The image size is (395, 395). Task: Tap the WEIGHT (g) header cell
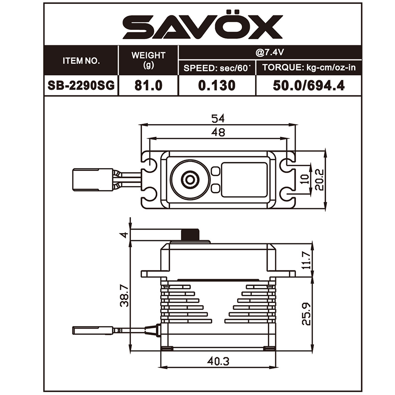click(x=148, y=61)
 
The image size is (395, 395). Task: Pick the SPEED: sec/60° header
click(x=216, y=68)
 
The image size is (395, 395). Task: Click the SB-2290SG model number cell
click(x=82, y=85)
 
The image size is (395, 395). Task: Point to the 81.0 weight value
click(x=148, y=85)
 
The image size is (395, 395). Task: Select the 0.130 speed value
click(x=216, y=85)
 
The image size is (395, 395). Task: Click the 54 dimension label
click(x=218, y=119)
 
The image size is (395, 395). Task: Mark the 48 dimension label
click(x=218, y=132)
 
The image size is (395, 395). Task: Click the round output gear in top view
click(x=190, y=179)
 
